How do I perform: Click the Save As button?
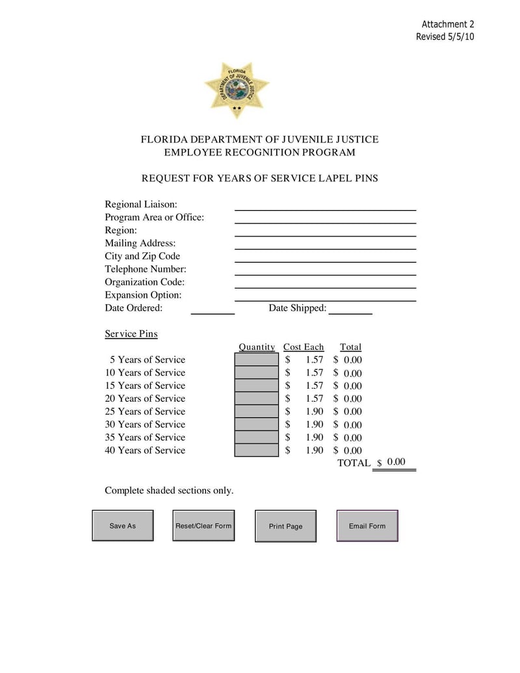point(123,525)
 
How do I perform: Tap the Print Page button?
point(285,526)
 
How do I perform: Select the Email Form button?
point(367,525)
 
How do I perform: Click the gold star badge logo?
point(237,90)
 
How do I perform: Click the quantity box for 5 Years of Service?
point(256,360)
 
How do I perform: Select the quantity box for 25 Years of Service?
point(256,412)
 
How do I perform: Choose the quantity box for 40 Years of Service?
point(256,450)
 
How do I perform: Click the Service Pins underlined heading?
point(131,334)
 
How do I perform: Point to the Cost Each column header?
point(304,347)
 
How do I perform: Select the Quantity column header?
point(257,347)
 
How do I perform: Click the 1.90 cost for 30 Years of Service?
point(315,425)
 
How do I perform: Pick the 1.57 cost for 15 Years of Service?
point(315,386)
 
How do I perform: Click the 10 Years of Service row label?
point(145,373)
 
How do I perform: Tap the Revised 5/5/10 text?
point(445,36)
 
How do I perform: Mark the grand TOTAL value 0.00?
point(396,462)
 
